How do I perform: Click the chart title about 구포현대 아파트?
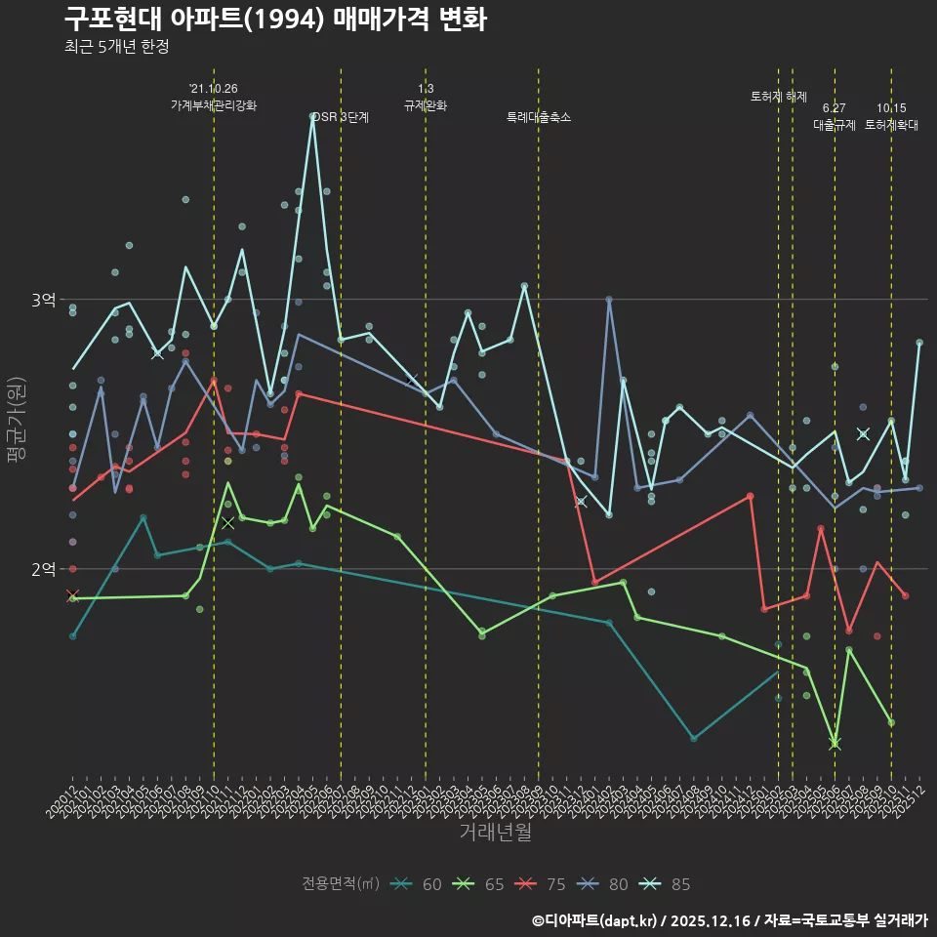275,19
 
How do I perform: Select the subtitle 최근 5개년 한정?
117,47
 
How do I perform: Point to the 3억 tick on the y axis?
43,300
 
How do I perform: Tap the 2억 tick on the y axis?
43,569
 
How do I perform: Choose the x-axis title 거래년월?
495,832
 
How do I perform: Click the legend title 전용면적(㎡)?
341,884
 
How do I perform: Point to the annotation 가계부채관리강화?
214,105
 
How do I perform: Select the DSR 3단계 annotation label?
341,117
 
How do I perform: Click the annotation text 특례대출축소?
539,117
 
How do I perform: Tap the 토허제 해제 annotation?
779,97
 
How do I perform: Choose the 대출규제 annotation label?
835,125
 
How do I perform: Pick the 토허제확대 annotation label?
891,125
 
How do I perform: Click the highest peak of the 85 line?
313,116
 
